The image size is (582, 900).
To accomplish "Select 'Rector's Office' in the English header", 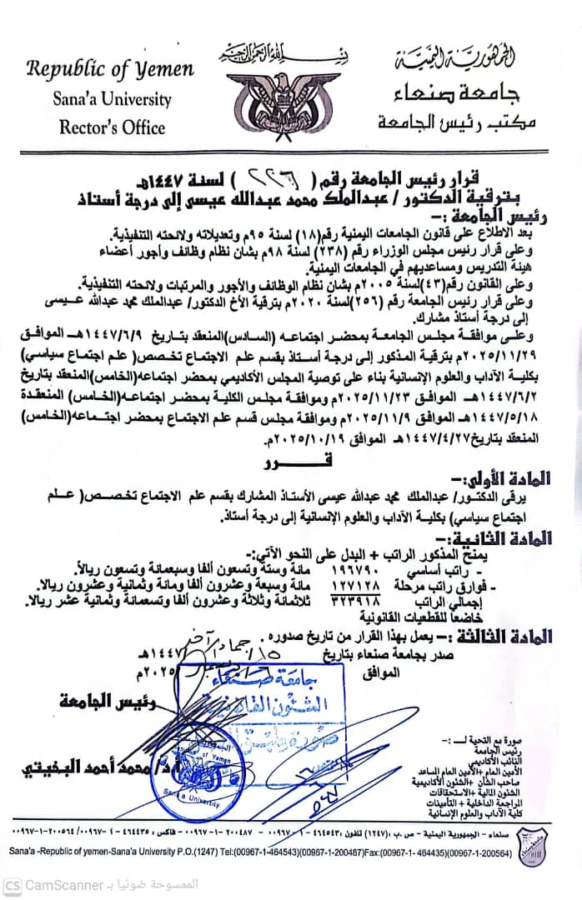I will point(112,127).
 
